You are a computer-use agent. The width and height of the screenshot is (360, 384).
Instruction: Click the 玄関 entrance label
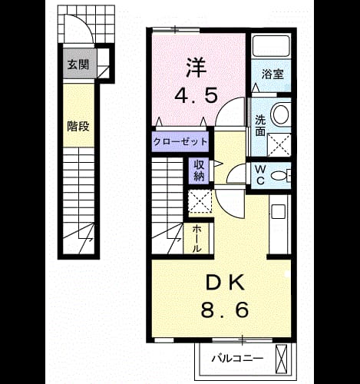point(78,65)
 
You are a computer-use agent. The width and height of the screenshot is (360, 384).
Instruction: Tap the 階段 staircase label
point(78,126)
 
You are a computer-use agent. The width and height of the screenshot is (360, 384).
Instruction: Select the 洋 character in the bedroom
point(197,68)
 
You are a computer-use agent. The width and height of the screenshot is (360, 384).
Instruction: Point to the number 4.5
point(196,95)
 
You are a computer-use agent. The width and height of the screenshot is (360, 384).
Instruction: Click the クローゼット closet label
point(180,141)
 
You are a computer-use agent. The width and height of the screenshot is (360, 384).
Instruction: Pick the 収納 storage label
point(199,170)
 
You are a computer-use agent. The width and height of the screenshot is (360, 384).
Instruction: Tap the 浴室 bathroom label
point(272,74)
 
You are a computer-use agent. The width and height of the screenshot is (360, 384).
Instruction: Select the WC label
point(260,175)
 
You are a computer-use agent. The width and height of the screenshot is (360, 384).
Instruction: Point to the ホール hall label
point(197,238)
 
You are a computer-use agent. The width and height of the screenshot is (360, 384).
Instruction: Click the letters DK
point(225,283)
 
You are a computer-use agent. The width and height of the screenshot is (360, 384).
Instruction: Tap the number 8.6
point(225,310)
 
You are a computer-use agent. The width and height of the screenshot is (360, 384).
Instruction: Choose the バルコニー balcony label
point(237,358)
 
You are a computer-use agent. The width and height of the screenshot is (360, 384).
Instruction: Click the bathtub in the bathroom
point(271,46)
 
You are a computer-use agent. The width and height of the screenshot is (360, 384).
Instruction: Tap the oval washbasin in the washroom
point(281,114)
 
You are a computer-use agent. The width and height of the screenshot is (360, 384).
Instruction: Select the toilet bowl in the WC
point(279,176)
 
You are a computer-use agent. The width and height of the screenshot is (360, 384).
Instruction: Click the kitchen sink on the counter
point(278,212)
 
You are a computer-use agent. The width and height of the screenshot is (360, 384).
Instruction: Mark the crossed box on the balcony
point(281,359)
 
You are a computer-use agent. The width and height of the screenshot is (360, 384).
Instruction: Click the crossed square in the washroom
point(279,144)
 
